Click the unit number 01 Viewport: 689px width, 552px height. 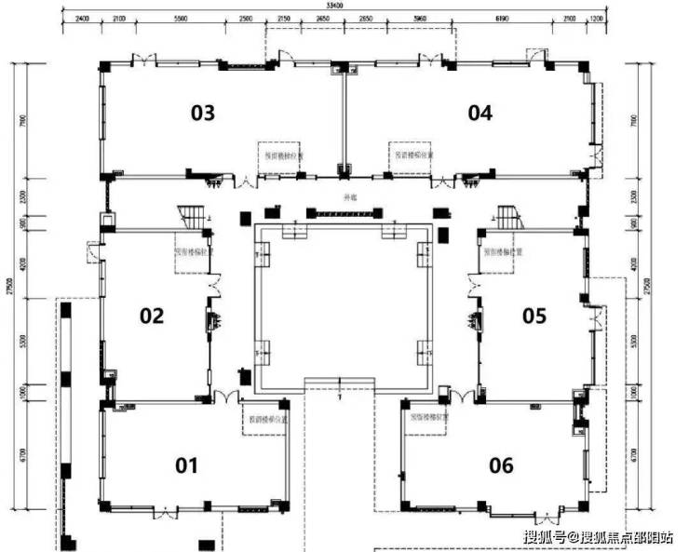point(187,464)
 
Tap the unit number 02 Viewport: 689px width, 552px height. point(152,316)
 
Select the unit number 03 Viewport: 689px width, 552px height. point(203,113)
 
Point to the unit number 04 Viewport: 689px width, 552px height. point(480,113)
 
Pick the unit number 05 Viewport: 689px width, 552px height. point(534,316)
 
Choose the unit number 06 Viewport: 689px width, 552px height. point(501,464)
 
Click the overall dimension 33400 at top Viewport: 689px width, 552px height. point(345,6)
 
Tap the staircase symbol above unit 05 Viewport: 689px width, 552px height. point(506,217)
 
